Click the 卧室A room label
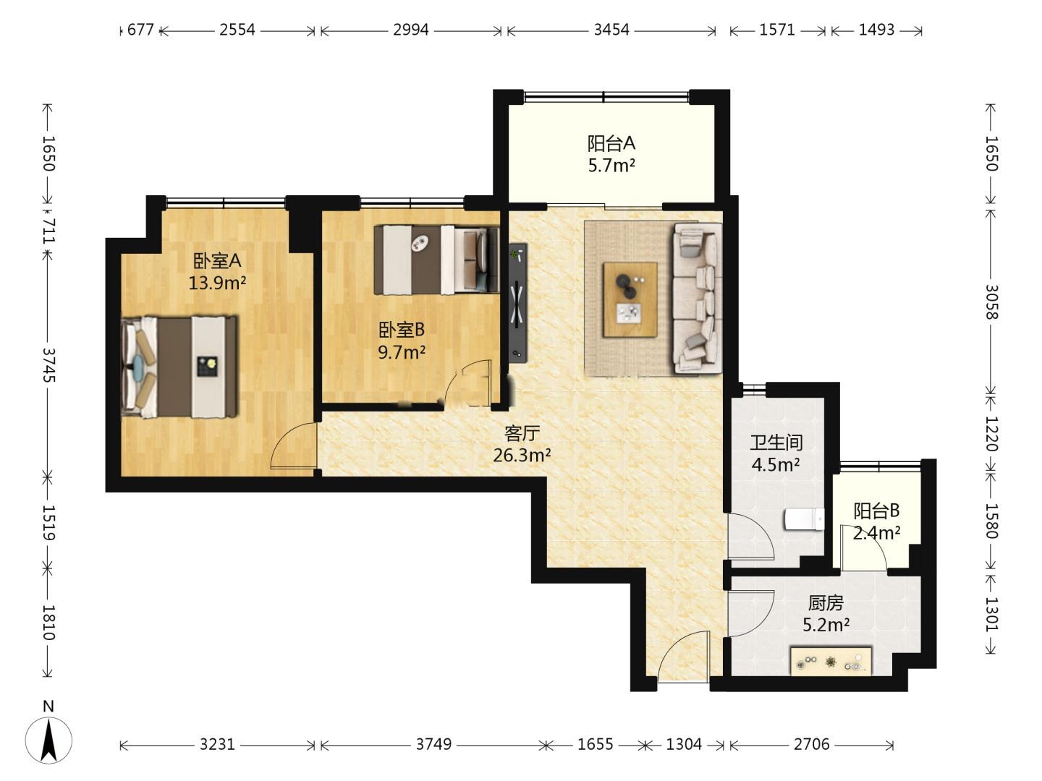217,260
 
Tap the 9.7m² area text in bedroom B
402,352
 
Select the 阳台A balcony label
611,142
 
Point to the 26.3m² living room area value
522,456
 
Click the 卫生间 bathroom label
776,443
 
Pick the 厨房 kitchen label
826,603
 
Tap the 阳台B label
876,511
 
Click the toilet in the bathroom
805,519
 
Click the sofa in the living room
698,298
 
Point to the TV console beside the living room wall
517,304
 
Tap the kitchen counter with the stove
831,660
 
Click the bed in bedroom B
436,260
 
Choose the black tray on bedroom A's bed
208,367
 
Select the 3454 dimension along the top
611,30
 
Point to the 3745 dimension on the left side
48,365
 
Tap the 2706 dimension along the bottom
812,745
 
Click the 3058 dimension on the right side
991,302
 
